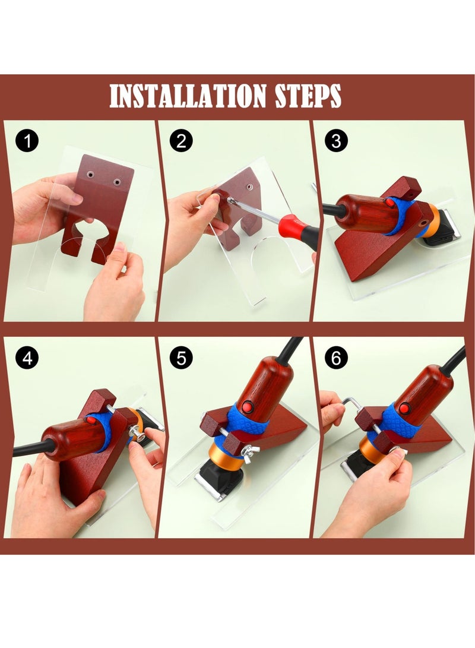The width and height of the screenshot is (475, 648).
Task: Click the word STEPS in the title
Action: click(x=308, y=96)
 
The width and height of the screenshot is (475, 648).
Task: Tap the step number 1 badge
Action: click(x=27, y=141)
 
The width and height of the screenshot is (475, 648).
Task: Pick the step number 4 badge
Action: click(x=27, y=358)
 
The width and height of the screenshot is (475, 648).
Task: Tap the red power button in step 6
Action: click(x=405, y=409)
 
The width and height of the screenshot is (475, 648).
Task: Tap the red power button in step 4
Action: click(x=91, y=421)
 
